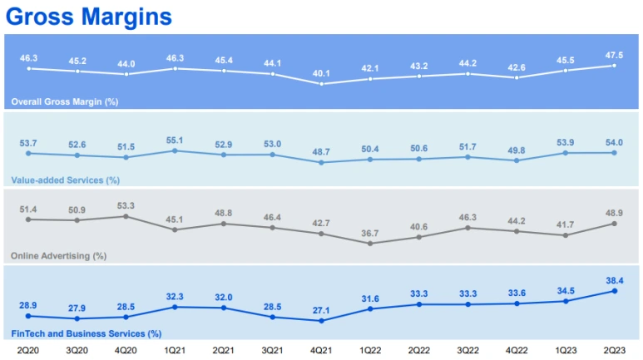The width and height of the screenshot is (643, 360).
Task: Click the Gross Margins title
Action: pos(89,16)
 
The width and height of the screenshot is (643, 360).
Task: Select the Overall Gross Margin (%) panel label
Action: pos(64,102)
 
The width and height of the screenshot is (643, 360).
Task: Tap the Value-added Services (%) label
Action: pos(65,180)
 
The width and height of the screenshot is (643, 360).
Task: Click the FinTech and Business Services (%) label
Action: pos(86,333)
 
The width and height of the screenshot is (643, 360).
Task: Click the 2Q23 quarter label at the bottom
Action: pos(614,350)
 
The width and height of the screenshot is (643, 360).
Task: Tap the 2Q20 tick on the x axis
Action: pos(28,350)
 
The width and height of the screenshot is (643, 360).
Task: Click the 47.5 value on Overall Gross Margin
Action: pos(615,55)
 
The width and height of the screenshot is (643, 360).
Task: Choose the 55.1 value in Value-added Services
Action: pos(175,141)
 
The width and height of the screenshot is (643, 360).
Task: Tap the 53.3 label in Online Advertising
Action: pos(126,205)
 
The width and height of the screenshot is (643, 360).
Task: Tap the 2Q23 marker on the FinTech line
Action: pos(615,291)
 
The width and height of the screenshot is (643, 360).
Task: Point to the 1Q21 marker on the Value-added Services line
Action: pos(175,150)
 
